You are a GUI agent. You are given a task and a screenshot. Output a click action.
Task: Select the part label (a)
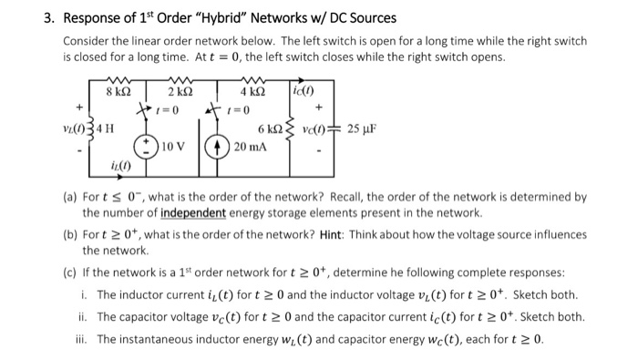(70, 196)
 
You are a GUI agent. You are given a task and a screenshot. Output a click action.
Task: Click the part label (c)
(70, 273)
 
